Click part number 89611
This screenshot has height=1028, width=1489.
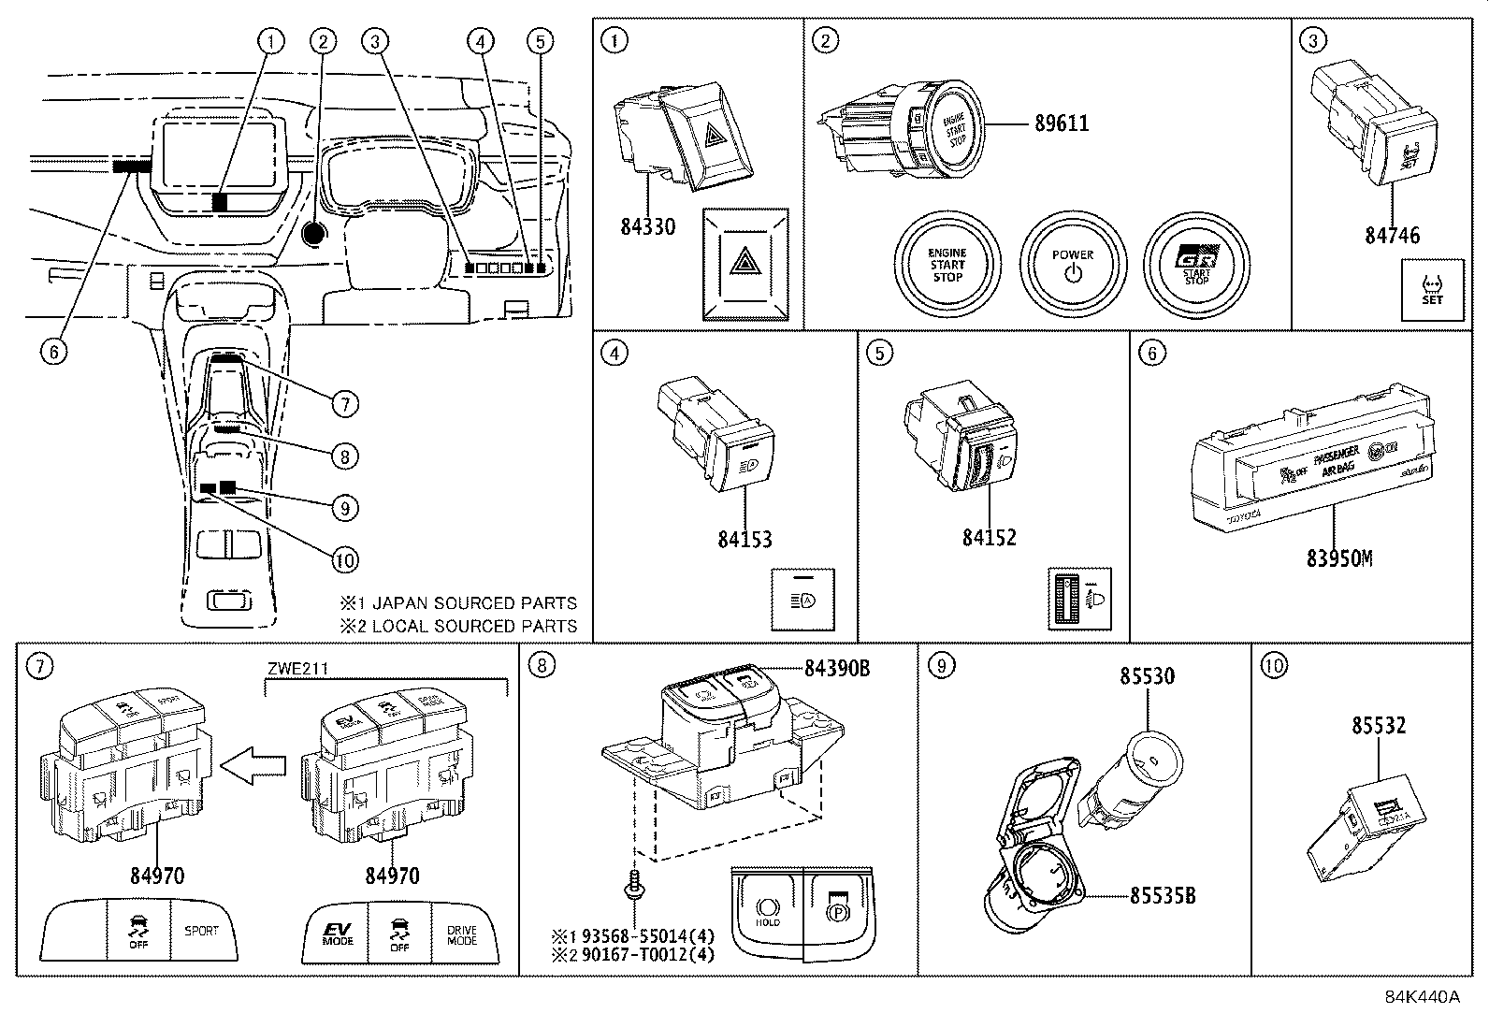pyautogui.click(x=1061, y=123)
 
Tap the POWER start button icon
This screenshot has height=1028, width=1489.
pyautogui.click(x=1073, y=266)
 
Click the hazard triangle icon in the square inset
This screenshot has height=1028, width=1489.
pyautogui.click(x=745, y=265)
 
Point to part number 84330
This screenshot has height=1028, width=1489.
pyautogui.click(x=647, y=226)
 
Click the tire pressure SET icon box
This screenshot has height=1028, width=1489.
pyautogui.click(x=1431, y=291)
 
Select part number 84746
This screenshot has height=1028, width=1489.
pyautogui.click(x=1391, y=235)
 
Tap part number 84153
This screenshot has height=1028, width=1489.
pyautogui.click(x=744, y=539)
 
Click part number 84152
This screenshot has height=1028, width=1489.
pyautogui.click(x=989, y=537)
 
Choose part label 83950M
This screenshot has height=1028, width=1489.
pyautogui.click(x=1339, y=557)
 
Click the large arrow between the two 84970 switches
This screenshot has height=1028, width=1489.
pyautogui.click(x=257, y=765)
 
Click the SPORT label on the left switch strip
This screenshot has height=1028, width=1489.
pyautogui.click(x=201, y=931)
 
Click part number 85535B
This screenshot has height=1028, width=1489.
pyautogui.click(x=1162, y=895)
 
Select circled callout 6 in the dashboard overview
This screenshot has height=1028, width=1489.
pyautogui.click(x=54, y=352)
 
